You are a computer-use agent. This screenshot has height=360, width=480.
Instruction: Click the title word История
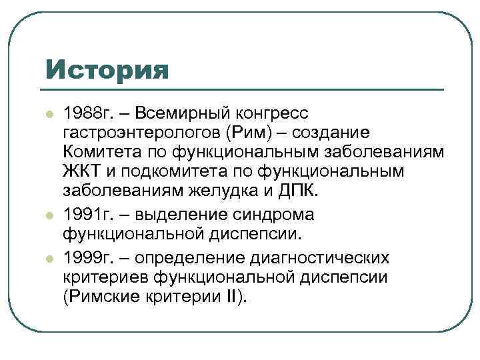[x=107, y=69]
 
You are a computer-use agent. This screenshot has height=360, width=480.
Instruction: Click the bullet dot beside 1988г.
[x=48, y=114]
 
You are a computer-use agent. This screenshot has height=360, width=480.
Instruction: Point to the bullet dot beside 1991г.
[x=48, y=216]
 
